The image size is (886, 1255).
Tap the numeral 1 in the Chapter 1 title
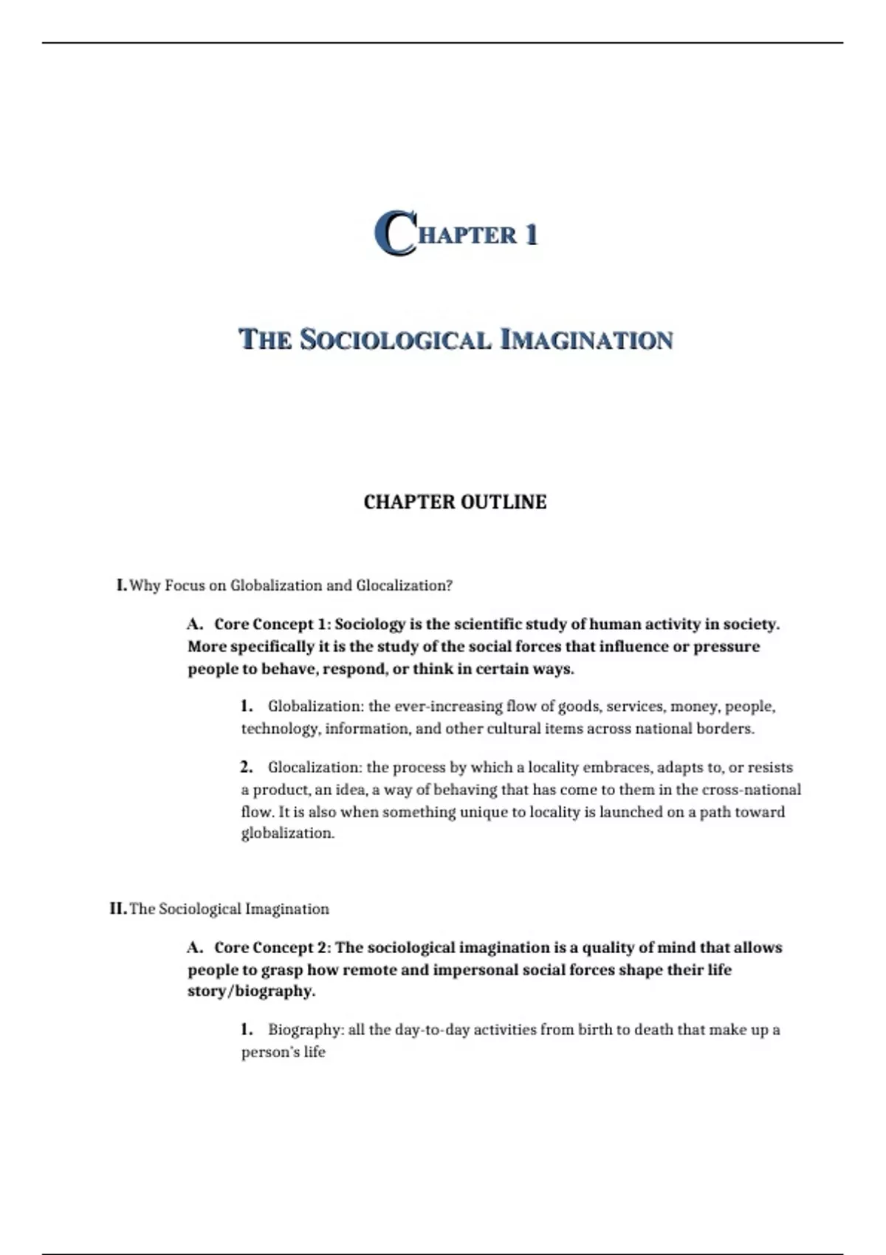[x=530, y=235]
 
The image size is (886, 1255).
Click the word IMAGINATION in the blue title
[x=587, y=340]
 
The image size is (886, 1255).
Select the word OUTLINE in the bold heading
[x=504, y=502]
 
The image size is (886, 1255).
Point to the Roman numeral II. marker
[x=118, y=909]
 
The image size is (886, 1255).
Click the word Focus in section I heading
[x=185, y=585]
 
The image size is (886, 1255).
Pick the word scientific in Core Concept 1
[x=487, y=625]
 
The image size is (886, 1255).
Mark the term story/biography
[x=251, y=991]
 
